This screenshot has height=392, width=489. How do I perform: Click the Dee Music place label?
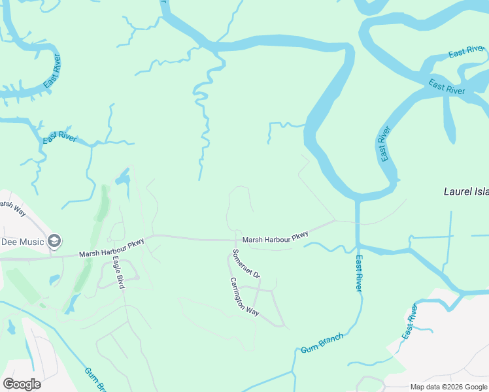(x=22, y=242)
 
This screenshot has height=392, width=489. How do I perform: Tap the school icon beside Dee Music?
(x=55, y=241)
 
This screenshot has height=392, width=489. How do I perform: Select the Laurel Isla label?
(x=466, y=192)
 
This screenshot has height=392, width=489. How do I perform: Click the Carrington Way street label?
(x=244, y=297)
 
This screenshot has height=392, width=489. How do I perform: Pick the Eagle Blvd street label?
(x=118, y=272)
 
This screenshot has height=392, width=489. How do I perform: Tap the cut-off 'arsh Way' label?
(x=12, y=207)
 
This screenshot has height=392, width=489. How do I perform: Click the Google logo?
(x=22, y=384)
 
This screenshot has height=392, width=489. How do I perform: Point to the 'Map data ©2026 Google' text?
(x=448, y=387)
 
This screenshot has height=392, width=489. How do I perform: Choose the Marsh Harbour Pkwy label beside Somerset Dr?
(x=275, y=239)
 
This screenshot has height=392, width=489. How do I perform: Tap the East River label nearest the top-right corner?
(x=466, y=52)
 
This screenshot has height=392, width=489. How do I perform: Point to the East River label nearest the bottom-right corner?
(x=410, y=321)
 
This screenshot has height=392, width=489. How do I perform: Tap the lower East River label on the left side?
(x=59, y=137)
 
